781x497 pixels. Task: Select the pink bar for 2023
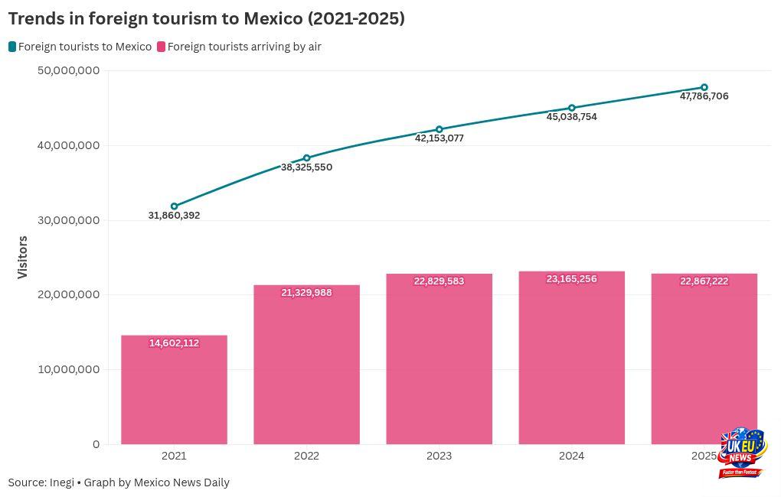(x=439, y=359)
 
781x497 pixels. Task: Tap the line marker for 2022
(x=307, y=158)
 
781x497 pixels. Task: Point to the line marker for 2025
(x=704, y=87)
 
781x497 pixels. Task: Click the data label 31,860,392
(x=174, y=216)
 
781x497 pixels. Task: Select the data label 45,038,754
(x=571, y=117)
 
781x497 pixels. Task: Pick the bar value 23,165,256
(x=571, y=279)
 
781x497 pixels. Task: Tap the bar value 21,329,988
(x=306, y=293)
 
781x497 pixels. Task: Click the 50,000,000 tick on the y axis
(x=68, y=70)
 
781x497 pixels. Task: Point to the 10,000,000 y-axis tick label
(x=68, y=369)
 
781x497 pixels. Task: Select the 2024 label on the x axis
(x=571, y=456)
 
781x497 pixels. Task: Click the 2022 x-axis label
(x=306, y=456)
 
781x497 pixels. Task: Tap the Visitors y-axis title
(x=22, y=257)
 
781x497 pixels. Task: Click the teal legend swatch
(x=12, y=47)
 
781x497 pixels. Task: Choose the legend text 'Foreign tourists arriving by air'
(x=244, y=47)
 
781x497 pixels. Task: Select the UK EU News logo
(x=741, y=453)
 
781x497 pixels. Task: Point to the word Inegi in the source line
(x=62, y=482)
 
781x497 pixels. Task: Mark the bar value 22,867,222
(x=704, y=281)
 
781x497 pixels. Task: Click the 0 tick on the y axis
(x=96, y=444)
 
